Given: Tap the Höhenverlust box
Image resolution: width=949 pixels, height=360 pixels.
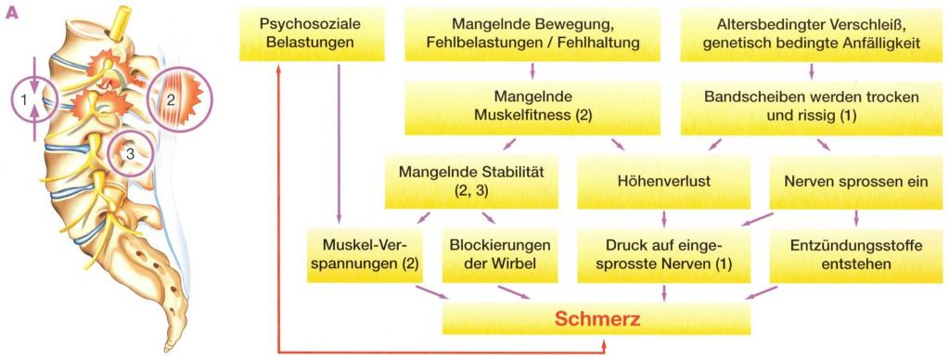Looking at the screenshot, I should coord(664,182).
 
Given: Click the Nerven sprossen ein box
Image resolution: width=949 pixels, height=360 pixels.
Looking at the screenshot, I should coord(855,182).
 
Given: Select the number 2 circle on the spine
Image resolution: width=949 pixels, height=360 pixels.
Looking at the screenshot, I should coord(172,96).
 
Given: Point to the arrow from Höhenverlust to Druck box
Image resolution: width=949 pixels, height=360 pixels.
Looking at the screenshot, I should coord(664,219).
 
